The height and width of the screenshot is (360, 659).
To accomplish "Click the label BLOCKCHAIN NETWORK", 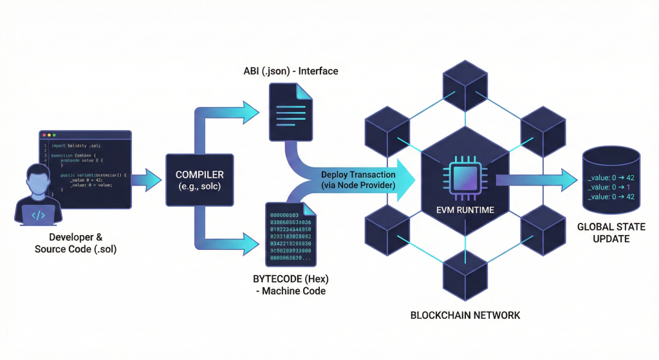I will [465, 316].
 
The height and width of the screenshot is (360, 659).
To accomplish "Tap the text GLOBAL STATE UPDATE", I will [611, 233].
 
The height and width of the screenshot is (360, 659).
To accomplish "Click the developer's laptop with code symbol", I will [38, 214].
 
